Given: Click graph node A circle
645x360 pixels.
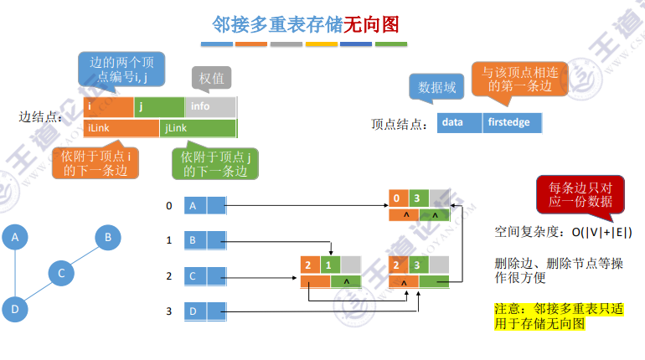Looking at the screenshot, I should point(14,238).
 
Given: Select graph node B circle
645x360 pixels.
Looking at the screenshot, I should point(107,238).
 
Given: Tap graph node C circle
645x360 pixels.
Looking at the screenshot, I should point(60,273).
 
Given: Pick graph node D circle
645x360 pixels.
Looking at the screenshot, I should point(14,308).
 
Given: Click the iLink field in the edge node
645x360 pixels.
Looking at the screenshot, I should point(121,128).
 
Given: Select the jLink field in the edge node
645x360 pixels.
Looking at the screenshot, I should point(198,128).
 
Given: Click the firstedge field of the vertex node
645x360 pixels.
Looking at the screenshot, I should point(512,123).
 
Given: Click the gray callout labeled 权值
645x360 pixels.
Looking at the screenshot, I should point(211,79).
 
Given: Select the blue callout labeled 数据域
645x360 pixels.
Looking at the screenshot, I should point(437,86).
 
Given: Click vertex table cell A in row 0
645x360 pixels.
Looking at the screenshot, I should point(194,205).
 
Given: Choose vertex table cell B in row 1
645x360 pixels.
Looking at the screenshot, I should point(194,241).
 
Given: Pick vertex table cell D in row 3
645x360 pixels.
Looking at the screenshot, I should point(194,312).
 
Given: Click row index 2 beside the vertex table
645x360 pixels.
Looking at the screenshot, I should point(168,276).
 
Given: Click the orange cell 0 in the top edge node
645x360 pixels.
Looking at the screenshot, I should point(399,198).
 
